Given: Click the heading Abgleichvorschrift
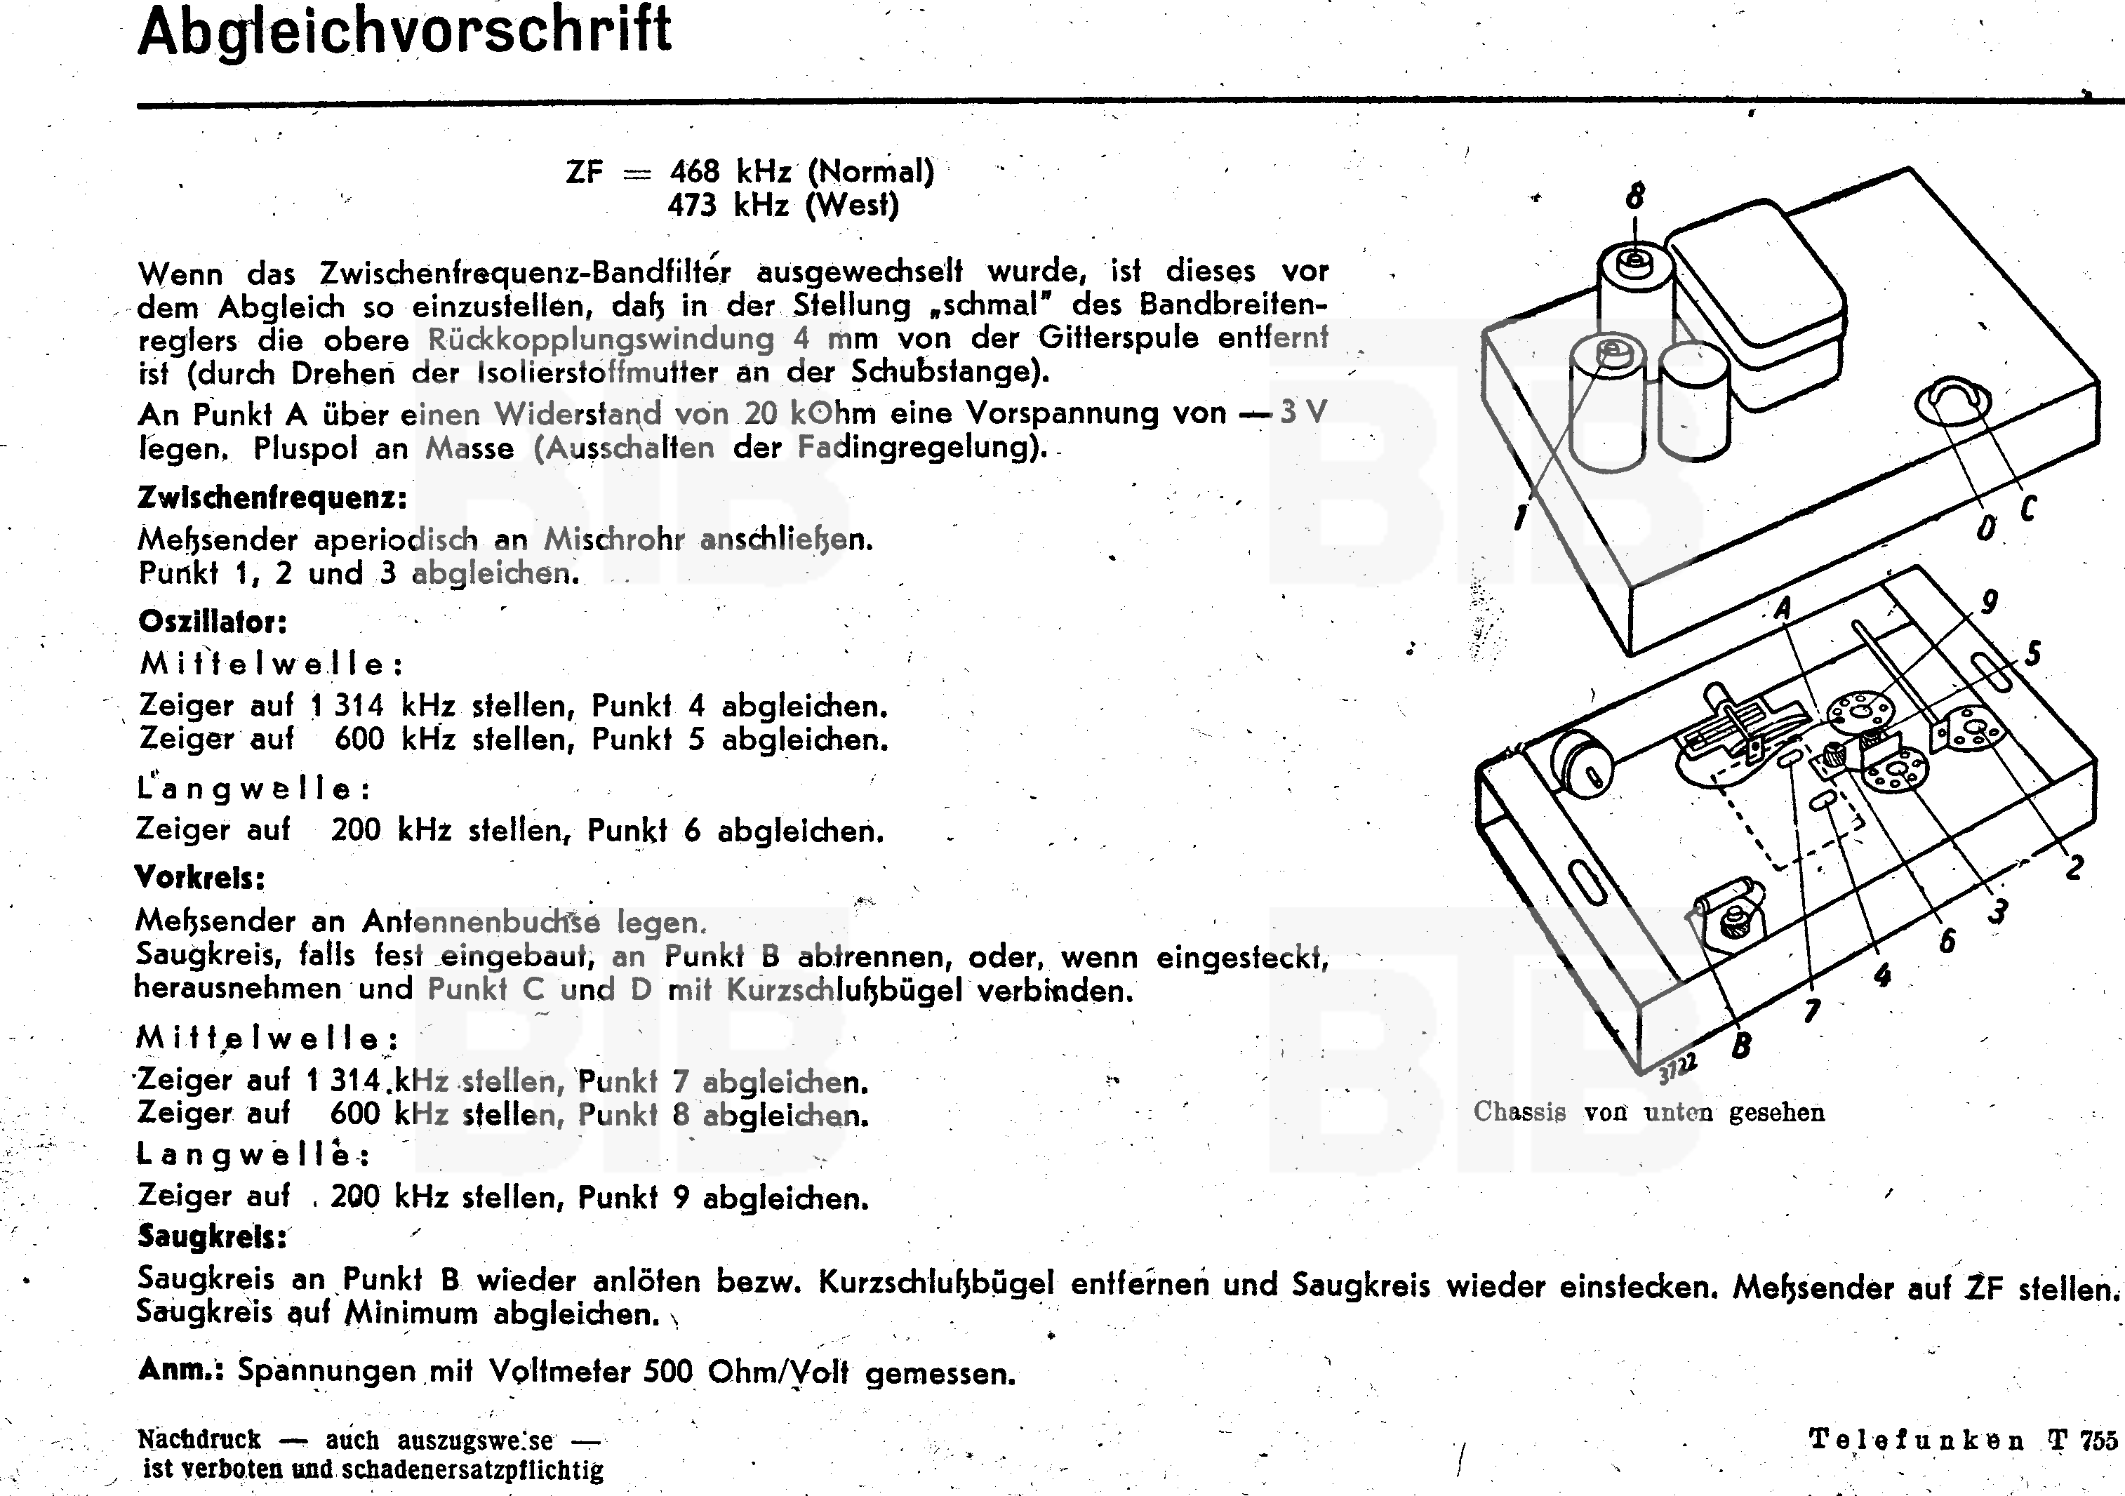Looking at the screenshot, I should click(x=404, y=32).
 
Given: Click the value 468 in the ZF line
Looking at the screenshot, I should click(x=694, y=171).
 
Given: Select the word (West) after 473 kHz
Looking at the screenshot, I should click(x=851, y=204).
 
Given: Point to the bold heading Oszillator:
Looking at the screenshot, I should click(x=213, y=621).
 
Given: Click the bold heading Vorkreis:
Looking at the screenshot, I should click(x=200, y=877).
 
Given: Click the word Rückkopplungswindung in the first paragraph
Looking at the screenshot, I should click(x=601, y=340).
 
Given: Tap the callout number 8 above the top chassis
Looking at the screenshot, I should click(x=1634, y=196).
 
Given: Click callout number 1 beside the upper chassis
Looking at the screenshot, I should click(x=1519, y=515).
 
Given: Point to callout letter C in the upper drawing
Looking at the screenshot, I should click(x=2027, y=508).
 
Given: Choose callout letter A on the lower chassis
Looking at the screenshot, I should click(x=1783, y=609).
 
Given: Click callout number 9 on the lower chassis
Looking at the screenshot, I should click(x=1988, y=601).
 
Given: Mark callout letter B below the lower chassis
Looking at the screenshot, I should click(x=1741, y=1046).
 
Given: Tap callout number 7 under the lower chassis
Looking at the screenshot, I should click(x=1811, y=1010).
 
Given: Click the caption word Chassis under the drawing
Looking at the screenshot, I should click(x=1519, y=1112).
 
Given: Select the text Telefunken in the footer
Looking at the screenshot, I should click(x=1916, y=1441).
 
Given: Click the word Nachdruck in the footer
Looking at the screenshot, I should click(x=200, y=1440).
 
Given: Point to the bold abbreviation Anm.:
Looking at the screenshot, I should click(x=180, y=1369).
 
